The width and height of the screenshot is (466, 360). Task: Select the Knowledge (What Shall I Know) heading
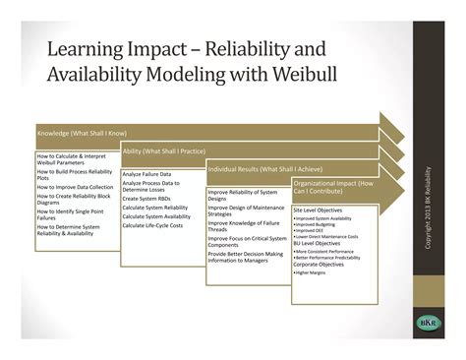[x=81, y=131]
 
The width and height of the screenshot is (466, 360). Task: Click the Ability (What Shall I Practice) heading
[x=163, y=150]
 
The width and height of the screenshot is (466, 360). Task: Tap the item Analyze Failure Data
[x=150, y=173]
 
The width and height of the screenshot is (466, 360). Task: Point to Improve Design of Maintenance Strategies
[x=246, y=210]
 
